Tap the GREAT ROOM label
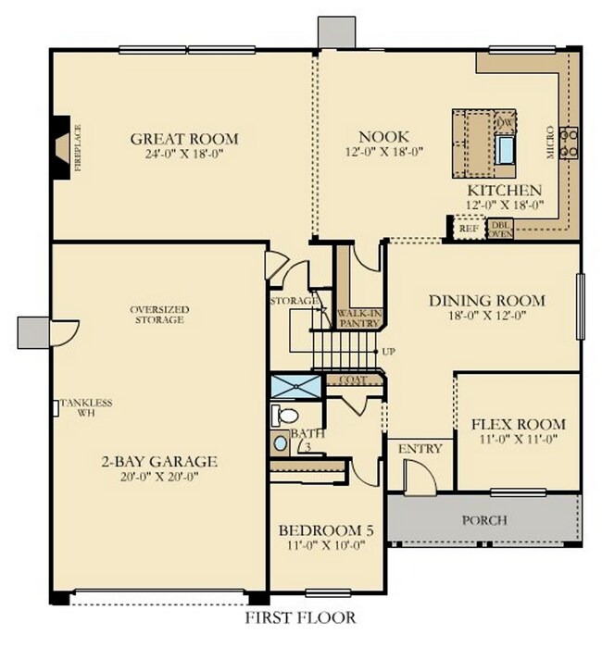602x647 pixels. pyautogui.click(x=183, y=140)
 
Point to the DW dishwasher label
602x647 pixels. pyautogui.click(x=505, y=123)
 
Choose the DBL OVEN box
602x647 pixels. pyautogui.click(x=501, y=229)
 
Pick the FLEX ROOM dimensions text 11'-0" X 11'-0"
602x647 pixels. pyautogui.click(x=518, y=441)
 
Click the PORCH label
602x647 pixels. pyautogui.click(x=484, y=520)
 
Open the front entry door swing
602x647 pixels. pyautogui.click(x=419, y=477)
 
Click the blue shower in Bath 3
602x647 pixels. pyautogui.click(x=295, y=386)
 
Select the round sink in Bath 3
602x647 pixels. pyautogui.click(x=280, y=443)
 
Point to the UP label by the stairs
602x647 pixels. pyautogui.click(x=390, y=353)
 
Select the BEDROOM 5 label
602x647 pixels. pyautogui.click(x=326, y=530)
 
